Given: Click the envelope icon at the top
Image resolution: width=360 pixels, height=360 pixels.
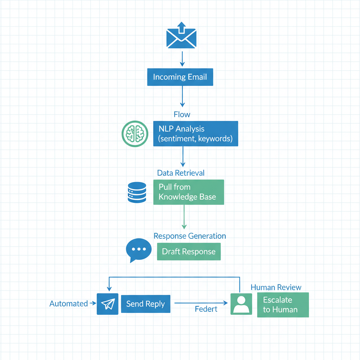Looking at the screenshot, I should pos(181,36).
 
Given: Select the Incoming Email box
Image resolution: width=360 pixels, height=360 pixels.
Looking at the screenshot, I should pos(180,77).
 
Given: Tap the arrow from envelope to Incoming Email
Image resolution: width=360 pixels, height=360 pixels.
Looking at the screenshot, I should pos(182,58).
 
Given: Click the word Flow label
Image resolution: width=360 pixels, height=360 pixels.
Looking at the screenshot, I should pos(182,114).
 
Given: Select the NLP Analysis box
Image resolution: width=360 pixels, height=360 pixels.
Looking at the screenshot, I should pos(195,134).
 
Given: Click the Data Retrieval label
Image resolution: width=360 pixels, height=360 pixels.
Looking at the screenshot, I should pos(181,173).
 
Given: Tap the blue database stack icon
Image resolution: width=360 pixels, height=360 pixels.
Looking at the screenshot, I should pos(137,192).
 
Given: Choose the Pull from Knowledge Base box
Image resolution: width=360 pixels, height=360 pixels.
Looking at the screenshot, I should pos(188,192).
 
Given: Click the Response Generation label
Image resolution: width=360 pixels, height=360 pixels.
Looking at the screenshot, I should pos(190,236).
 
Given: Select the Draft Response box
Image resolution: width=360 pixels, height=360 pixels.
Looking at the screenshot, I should pos(189,252).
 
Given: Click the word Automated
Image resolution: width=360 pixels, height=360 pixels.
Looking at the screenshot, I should pos(69,303).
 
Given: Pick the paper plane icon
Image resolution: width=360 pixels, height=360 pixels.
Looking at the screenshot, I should pos(108,304).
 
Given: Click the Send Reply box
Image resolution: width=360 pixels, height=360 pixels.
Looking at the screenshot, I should pos(146,304).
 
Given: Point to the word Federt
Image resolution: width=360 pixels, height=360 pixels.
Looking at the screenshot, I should pos(206,309).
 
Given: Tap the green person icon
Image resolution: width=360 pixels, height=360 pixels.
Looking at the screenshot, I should pos(241,304).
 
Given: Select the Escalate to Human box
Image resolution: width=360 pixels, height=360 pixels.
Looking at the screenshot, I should pos(283,305).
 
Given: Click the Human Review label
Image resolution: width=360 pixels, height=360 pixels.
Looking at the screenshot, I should pos(276,287).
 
